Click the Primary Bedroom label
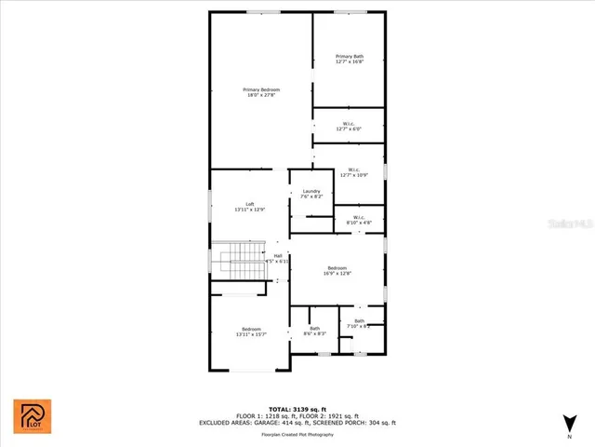[263, 91]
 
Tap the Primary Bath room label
[350, 60]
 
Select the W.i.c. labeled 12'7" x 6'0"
[350, 126]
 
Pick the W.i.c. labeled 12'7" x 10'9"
[350, 171]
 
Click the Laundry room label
[311, 194]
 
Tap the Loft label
[250, 207]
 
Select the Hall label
[277, 258]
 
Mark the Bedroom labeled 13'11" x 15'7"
[252, 332]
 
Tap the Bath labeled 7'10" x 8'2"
[359, 323]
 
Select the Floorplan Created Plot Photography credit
[297, 434]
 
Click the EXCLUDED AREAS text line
[297, 423]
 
